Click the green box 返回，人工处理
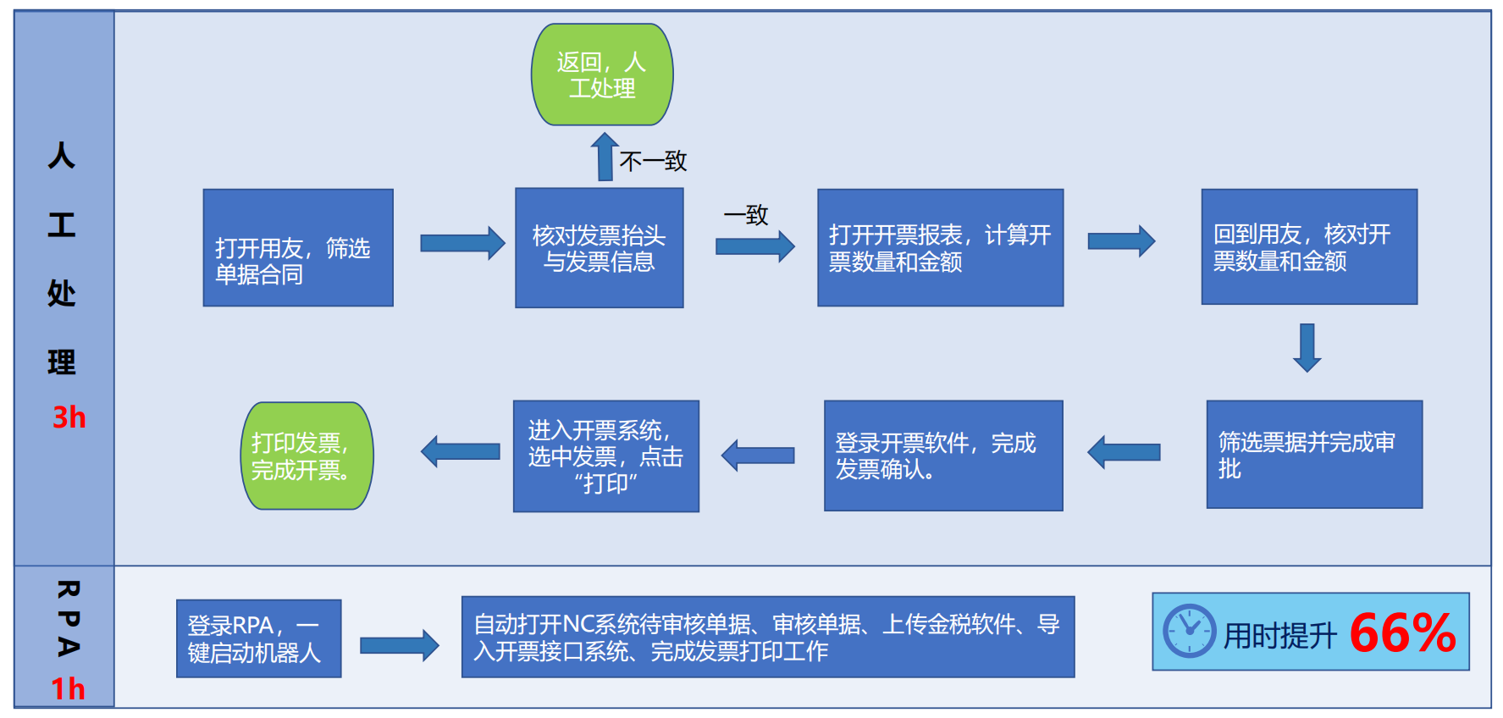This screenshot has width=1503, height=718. pos(602,75)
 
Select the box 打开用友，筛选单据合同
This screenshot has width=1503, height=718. pos(298,247)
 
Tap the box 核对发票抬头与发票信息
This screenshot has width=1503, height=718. pos(599,247)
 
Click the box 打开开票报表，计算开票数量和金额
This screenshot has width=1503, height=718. pos(940,247)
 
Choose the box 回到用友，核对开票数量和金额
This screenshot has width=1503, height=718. pos(1308,246)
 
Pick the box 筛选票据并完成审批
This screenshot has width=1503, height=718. pos(1313,454)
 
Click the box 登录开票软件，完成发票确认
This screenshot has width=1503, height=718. pos(942,456)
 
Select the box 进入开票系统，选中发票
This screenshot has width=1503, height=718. pos(605,456)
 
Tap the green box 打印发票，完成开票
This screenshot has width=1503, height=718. pos(307,456)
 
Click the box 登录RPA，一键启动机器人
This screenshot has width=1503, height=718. pos(258,638)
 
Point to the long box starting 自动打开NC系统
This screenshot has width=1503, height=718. pos(767,637)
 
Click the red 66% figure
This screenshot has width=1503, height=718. pos(1401,632)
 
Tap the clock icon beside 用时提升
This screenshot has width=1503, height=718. pos(1189,631)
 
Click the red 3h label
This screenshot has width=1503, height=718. pos(69,417)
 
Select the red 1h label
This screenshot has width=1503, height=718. pos(68,688)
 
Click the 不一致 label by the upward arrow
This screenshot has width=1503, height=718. pos(653,161)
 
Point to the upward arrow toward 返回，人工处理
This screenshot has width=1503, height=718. pos(605,157)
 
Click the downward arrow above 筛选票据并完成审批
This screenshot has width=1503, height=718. pos(1307,347)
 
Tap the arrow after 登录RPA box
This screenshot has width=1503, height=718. pos(399,645)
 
